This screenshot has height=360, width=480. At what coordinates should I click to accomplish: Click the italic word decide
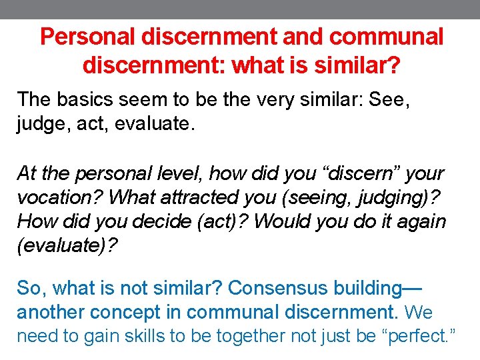coord(164,221)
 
